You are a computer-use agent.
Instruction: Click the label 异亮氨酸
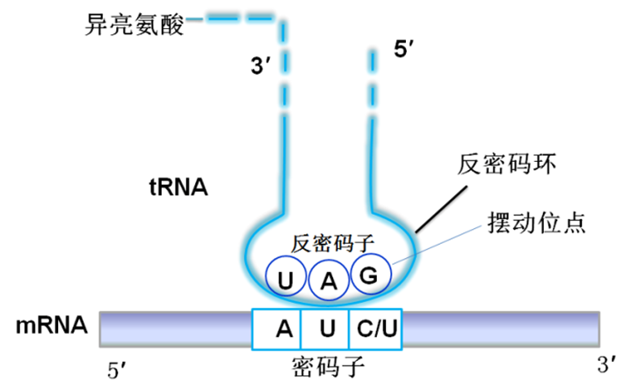pos(134,25)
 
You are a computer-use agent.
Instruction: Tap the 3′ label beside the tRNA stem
pos(261,65)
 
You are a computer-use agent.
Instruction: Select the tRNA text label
pos(178,188)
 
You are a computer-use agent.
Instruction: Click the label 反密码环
pos(507,164)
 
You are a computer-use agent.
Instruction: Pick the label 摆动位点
pos(536,223)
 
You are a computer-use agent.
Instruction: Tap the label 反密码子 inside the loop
pos(332,244)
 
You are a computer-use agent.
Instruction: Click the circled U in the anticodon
pos(286,276)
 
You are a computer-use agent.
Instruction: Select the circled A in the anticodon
pos(329,280)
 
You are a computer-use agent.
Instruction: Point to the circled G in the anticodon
pos(371,275)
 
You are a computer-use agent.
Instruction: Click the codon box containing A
pos(277,329)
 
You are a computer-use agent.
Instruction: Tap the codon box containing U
pos(325,329)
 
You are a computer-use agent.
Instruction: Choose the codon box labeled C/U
pos(375,329)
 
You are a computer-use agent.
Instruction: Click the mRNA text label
pos(52,326)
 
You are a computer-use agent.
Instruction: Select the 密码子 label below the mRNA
pos(328,366)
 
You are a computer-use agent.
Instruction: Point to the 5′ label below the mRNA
pos(117,370)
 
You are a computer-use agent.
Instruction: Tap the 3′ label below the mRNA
pos(606,364)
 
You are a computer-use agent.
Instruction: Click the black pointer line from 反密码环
pos(441,210)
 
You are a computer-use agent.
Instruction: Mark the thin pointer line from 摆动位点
pos(437,246)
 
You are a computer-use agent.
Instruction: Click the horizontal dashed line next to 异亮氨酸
pos(230,18)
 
